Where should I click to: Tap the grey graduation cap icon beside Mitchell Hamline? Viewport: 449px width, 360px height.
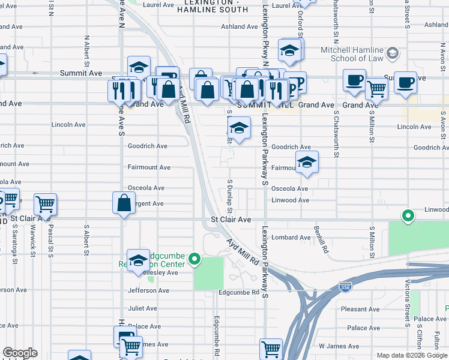coord(393,53)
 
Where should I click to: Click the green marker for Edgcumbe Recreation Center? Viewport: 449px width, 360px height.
coord(194,259)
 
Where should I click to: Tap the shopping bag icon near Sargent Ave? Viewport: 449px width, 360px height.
coord(124,203)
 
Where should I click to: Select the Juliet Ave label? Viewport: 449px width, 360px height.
coord(142,308)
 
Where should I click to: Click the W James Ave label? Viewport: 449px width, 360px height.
coord(338,346)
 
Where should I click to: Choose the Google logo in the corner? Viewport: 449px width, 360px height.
coord(20,353)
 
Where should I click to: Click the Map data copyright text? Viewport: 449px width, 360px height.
coord(412,355)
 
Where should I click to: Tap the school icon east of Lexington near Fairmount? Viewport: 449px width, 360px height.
coord(307,163)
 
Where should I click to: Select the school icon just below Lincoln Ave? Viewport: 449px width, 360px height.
coord(239,129)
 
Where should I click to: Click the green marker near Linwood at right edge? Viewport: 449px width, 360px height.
coord(408,215)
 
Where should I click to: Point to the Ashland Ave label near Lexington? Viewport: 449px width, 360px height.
coord(239,26)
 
